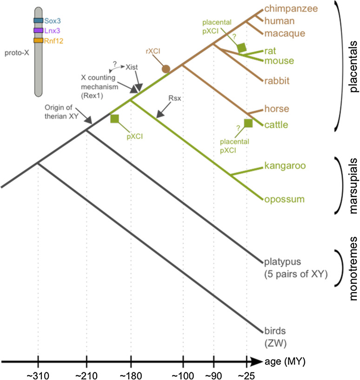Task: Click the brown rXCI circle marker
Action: (165, 69)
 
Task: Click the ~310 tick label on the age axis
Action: (38, 373)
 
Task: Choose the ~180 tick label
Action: (131, 373)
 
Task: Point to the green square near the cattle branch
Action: (248, 123)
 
